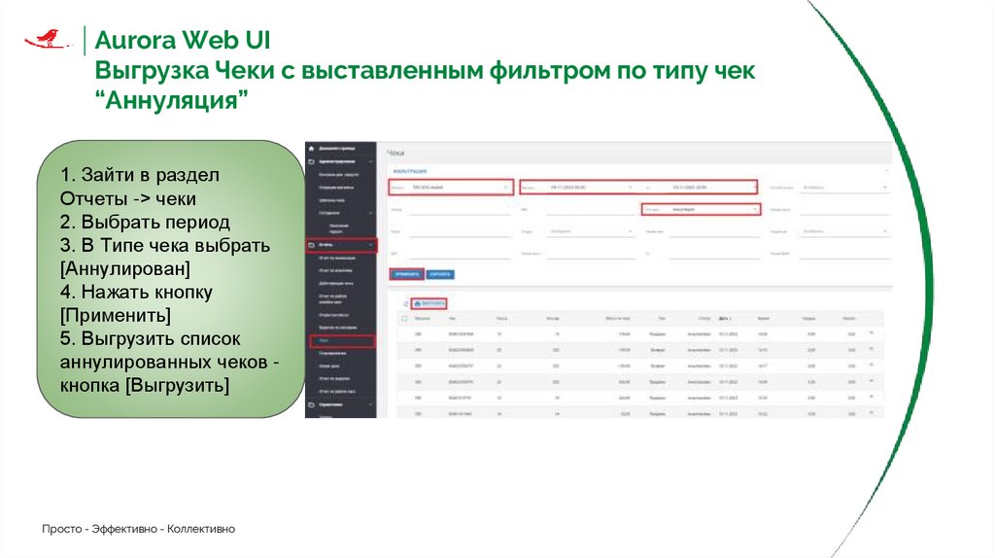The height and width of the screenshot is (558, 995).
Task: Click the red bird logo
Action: [46, 39]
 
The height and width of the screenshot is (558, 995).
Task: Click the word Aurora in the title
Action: [136, 42]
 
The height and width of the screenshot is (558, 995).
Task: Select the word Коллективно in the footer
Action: [201, 529]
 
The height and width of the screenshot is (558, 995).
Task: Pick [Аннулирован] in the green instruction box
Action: [124, 267]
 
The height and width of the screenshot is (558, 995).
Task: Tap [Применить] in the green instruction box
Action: [116, 315]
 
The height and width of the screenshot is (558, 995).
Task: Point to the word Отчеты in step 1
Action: [88, 198]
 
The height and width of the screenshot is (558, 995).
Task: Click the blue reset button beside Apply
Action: [439, 274]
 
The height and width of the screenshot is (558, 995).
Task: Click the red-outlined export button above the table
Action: [428, 303]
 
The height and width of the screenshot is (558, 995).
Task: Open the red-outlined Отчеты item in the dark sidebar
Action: [341, 246]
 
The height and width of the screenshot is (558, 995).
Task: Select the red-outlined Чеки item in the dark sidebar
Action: [341, 341]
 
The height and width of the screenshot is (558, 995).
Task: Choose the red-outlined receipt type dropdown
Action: [700, 208]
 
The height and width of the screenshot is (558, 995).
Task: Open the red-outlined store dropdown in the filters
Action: [450, 187]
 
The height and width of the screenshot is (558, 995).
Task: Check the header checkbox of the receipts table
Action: [404, 319]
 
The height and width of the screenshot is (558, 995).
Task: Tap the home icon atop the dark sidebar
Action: [311, 148]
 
